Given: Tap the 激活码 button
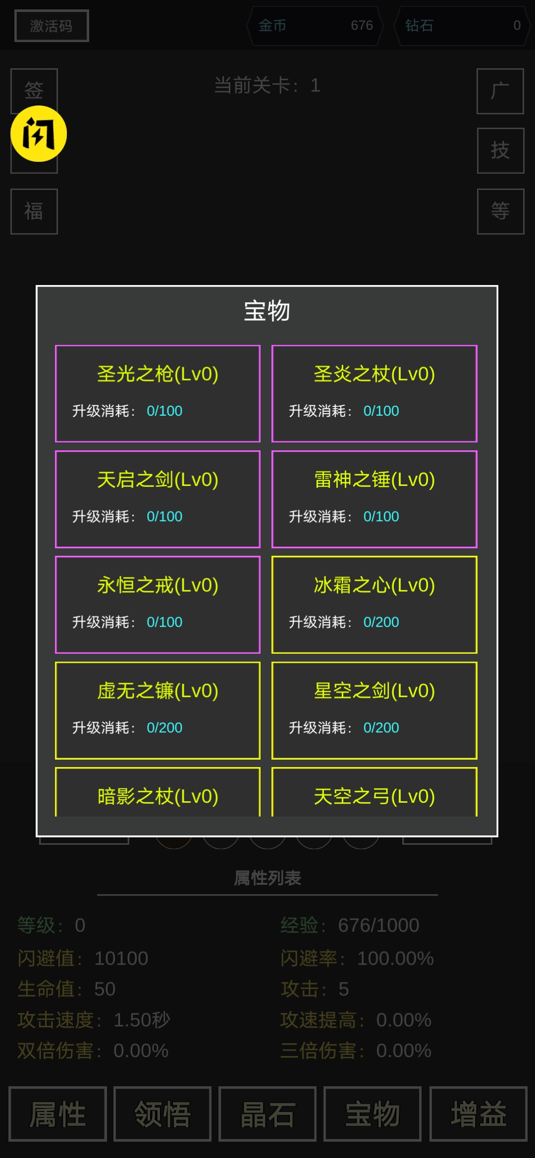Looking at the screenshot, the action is pyautogui.click(x=52, y=26).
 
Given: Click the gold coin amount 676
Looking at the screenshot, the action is pyautogui.click(x=362, y=26).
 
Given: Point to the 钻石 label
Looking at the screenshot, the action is pyautogui.click(x=419, y=26).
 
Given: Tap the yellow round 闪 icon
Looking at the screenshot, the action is pyautogui.click(x=39, y=134).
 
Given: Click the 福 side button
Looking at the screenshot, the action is pyautogui.click(x=34, y=211).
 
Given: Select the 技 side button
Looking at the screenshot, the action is pyautogui.click(x=500, y=150).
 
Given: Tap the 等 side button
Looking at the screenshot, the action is pyautogui.click(x=500, y=211).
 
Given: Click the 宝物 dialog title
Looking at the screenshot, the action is pyautogui.click(x=267, y=311).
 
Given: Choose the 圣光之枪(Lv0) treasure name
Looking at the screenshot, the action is pyautogui.click(x=158, y=374).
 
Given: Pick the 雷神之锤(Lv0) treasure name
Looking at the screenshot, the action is pyautogui.click(x=374, y=480).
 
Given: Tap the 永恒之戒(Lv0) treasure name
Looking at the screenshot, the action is pyautogui.click(x=158, y=585).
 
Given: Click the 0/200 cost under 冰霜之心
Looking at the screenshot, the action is pyautogui.click(x=381, y=622).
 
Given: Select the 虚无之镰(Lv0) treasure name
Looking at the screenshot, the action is pyautogui.click(x=158, y=691).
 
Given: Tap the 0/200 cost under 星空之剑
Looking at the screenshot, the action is pyautogui.click(x=381, y=727).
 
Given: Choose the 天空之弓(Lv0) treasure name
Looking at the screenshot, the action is pyautogui.click(x=374, y=796).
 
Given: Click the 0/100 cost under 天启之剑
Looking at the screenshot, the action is pyautogui.click(x=164, y=517).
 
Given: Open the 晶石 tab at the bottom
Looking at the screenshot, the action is pyautogui.click(x=267, y=1114).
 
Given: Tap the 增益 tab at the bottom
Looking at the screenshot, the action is pyautogui.click(x=478, y=1114).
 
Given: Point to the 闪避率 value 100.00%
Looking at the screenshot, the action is pyautogui.click(x=395, y=959).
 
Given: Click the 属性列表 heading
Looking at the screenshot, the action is pyautogui.click(x=267, y=878).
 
